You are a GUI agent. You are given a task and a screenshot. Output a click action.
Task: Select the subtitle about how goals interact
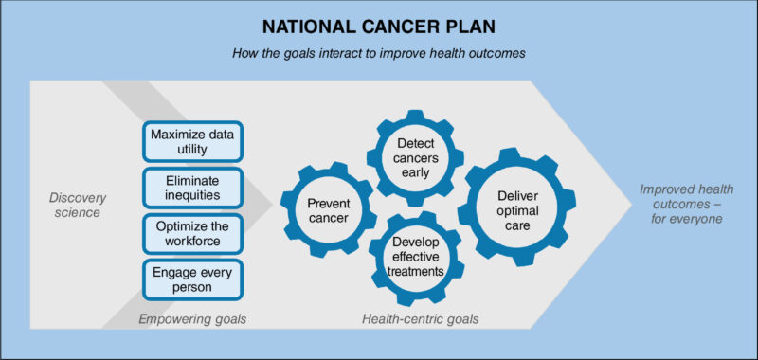pyautogui.click(x=379, y=53)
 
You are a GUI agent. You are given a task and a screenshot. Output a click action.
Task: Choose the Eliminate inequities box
pyautogui.click(x=192, y=186)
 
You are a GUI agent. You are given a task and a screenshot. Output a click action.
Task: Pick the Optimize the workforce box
pyautogui.click(x=192, y=231)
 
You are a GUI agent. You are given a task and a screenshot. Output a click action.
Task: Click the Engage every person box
pyautogui.click(x=192, y=279)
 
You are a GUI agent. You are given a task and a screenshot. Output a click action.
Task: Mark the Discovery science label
pyautogui.click(x=78, y=205)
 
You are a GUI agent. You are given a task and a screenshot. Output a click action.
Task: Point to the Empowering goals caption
pyautogui.click(x=192, y=319)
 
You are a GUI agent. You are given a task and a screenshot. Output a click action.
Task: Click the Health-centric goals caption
pyautogui.click(x=421, y=319)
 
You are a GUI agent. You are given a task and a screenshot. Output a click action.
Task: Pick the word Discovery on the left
pyautogui.click(x=78, y=197)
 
